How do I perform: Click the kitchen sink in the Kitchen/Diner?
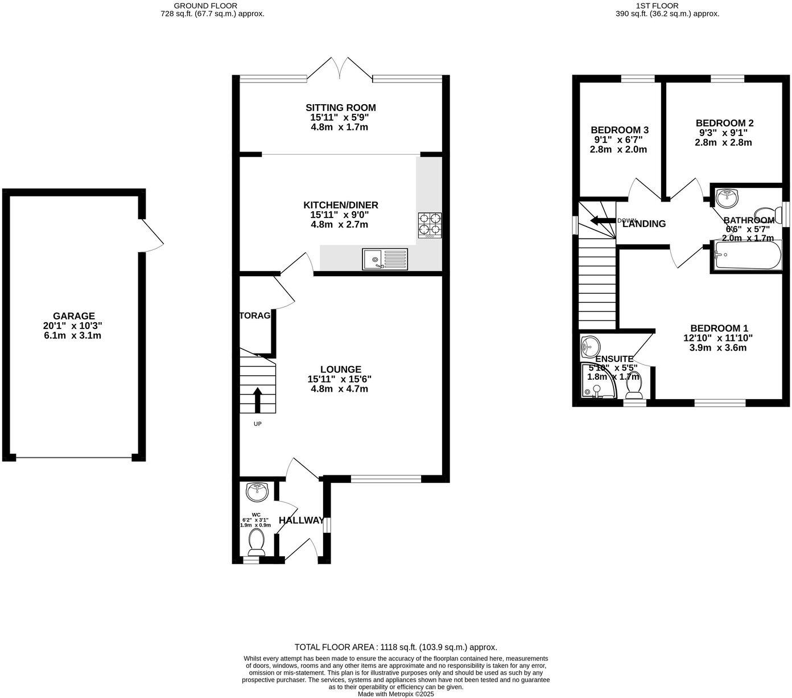point(385,259)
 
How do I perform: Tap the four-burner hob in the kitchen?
point(430,224)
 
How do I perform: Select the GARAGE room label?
point(74,316)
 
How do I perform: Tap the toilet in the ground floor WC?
point(257,542)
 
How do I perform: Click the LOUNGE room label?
point(340,369)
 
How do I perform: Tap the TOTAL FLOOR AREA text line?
point(395,647)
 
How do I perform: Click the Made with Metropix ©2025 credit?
point(395,694)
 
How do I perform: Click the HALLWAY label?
point(302,520)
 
